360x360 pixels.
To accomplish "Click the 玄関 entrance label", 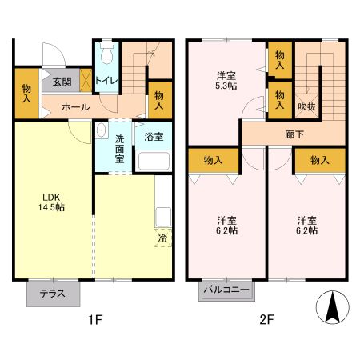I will (x=62, y=81).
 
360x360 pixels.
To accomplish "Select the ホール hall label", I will (x=74, y=106).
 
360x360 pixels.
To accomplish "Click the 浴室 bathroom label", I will (x=154, y=137).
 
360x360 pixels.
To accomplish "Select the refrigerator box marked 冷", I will (x=162, y=238).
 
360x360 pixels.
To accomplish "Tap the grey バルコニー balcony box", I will (x=226, y=290).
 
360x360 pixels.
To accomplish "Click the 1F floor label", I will (x=94, y=322).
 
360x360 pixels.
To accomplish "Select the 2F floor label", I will (x=266, y=322).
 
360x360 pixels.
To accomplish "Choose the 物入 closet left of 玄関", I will (x=26, y=93).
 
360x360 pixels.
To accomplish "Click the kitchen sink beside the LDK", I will (x=163, y=216).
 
